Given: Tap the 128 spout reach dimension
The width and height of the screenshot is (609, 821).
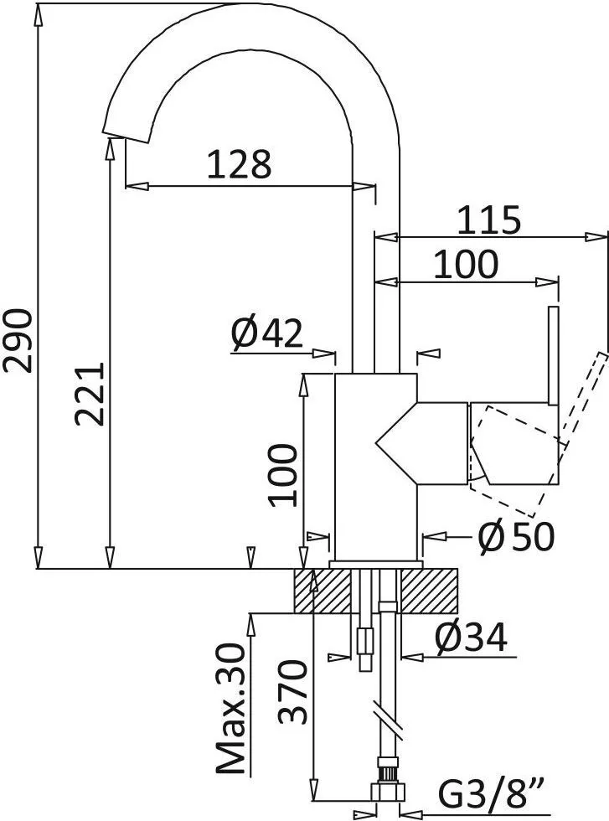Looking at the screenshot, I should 240,164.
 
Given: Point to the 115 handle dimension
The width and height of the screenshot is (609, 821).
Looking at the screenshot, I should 489,220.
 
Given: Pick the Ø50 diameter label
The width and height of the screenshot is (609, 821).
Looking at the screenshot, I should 516,536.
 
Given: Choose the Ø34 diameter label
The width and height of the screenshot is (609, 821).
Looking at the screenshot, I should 471,640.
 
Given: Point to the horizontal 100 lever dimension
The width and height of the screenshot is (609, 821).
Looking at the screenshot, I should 466,265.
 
